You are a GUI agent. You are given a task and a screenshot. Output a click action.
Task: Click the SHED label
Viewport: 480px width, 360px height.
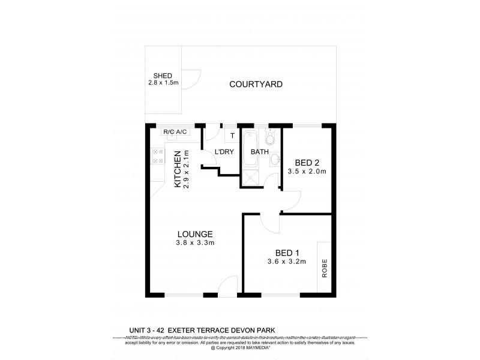pos(163,76)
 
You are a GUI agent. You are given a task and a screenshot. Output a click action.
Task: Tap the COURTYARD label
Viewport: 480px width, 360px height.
pos(256,85)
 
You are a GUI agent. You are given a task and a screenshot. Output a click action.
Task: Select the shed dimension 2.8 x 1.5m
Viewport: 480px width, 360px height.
pos(163,82)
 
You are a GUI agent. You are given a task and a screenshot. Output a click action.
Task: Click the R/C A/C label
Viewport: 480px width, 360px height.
pos(175,131)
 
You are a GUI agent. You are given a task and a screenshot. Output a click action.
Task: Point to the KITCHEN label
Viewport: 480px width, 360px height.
pos(178,170)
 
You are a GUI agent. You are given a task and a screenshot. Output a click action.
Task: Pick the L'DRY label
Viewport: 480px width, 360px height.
pos(224,152)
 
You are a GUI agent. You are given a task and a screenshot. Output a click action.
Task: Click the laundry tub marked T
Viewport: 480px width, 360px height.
pos(232,134)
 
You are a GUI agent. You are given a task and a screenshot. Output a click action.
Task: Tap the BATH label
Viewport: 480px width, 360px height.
pos(259,152)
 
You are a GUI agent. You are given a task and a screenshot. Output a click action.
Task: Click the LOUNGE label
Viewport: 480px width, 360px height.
pos(196,234)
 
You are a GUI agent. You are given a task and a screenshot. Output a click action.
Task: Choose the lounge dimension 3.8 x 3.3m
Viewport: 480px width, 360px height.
pos(196,243)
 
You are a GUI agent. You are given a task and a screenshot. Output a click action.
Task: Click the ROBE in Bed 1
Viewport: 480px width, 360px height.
pos(325,268)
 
